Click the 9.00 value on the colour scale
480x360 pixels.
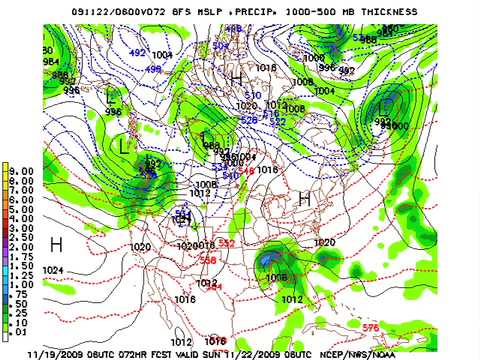[22, 171]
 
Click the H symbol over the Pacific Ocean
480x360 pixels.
[57, 244]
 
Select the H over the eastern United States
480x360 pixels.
[304, 199]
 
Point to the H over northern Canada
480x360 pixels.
[237, 79]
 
